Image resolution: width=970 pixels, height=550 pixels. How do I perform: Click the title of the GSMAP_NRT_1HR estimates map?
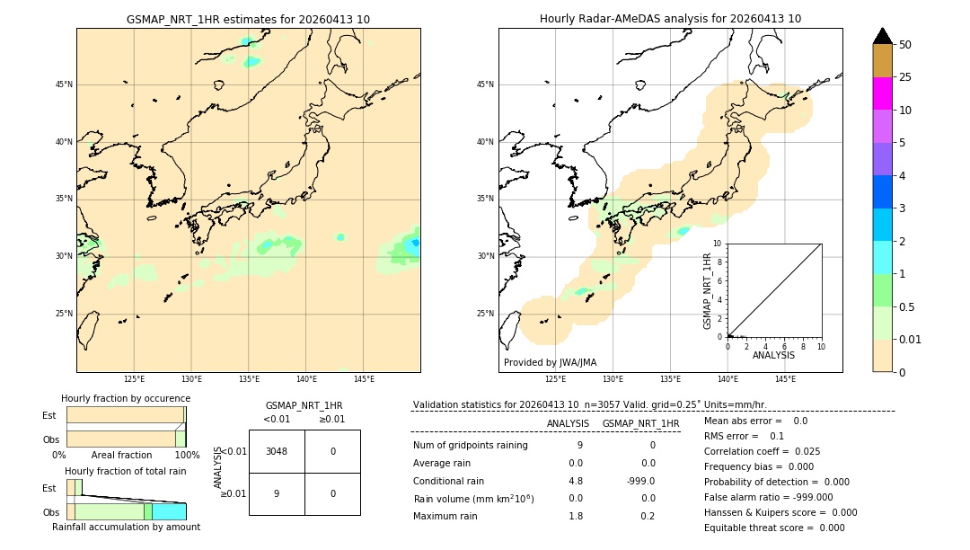[248, 19]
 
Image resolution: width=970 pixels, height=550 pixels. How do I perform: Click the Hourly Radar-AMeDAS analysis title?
[670, 19]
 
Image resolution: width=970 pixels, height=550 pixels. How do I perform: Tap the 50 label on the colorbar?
[905, 45]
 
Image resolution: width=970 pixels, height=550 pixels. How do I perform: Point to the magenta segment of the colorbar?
[882, 93]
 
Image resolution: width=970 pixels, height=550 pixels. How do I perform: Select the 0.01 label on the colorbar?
[911, 340]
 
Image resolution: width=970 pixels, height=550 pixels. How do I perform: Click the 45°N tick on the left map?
[64, 84]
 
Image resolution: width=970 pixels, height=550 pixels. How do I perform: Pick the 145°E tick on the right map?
[785, 379]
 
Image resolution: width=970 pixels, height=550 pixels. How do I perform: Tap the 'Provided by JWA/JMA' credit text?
[550, 362]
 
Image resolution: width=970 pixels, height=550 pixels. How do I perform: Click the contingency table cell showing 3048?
[277, 451]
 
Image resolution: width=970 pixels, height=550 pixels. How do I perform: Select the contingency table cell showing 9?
[277, 493]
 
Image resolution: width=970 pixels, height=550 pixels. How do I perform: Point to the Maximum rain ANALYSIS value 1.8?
[575, 516]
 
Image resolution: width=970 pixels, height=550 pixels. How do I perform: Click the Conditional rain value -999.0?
[641, 481]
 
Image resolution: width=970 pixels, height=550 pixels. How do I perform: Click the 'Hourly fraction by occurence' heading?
[126, 398]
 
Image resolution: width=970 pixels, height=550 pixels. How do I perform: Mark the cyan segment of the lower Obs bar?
[169, 511]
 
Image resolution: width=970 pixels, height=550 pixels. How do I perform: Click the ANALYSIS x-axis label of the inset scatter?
[773, 355]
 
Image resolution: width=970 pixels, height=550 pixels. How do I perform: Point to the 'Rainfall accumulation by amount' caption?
[126, 527]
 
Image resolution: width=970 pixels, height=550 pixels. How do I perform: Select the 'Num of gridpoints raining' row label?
[471, 445]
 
